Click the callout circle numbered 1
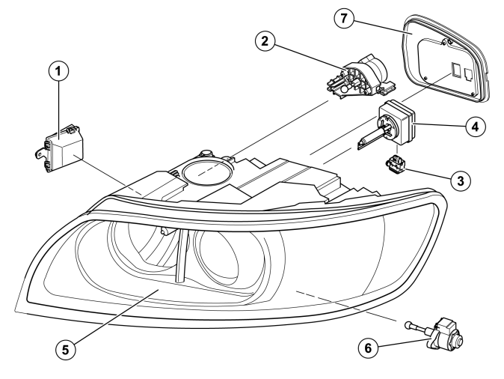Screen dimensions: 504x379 pyautogui.click(x=58, y=71)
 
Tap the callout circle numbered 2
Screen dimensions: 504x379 pyautogui.click(x=265, y=41)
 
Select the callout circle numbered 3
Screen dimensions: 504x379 pyautogui.click(x=461, y=181)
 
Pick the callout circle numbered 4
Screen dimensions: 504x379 pyautogui.click(x=475, y=127)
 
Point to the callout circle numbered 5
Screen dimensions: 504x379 pyautogui.click(x=66, y=349)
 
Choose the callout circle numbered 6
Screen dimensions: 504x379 pyautogui.click(x=368, y=348)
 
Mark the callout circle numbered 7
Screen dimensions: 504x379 pyautogui.click(x=344, y=18)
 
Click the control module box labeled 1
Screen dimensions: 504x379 pyautogui.click(x=61, y=148)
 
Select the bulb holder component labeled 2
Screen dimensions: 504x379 pyautogui.click(x=361, y=78)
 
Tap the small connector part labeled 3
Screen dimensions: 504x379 pyautogui.click(x=395, y=163)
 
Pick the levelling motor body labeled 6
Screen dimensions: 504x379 pyautogui.click(x=446, y=333)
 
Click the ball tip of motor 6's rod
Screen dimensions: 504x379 pyautogui.click(x=408, y=324)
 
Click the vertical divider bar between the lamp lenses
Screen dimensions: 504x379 pyautogui.click(x=181, y=256)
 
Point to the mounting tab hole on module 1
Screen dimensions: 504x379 pyautogui.click(x=40, y=154)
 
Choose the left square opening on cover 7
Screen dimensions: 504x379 pyautogui.click(x=455, y=70)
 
